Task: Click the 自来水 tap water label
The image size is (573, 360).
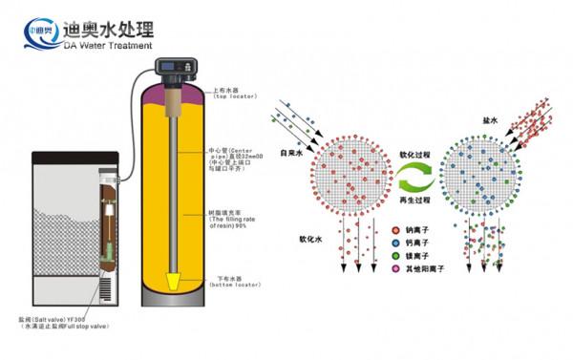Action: pos(292,152)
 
